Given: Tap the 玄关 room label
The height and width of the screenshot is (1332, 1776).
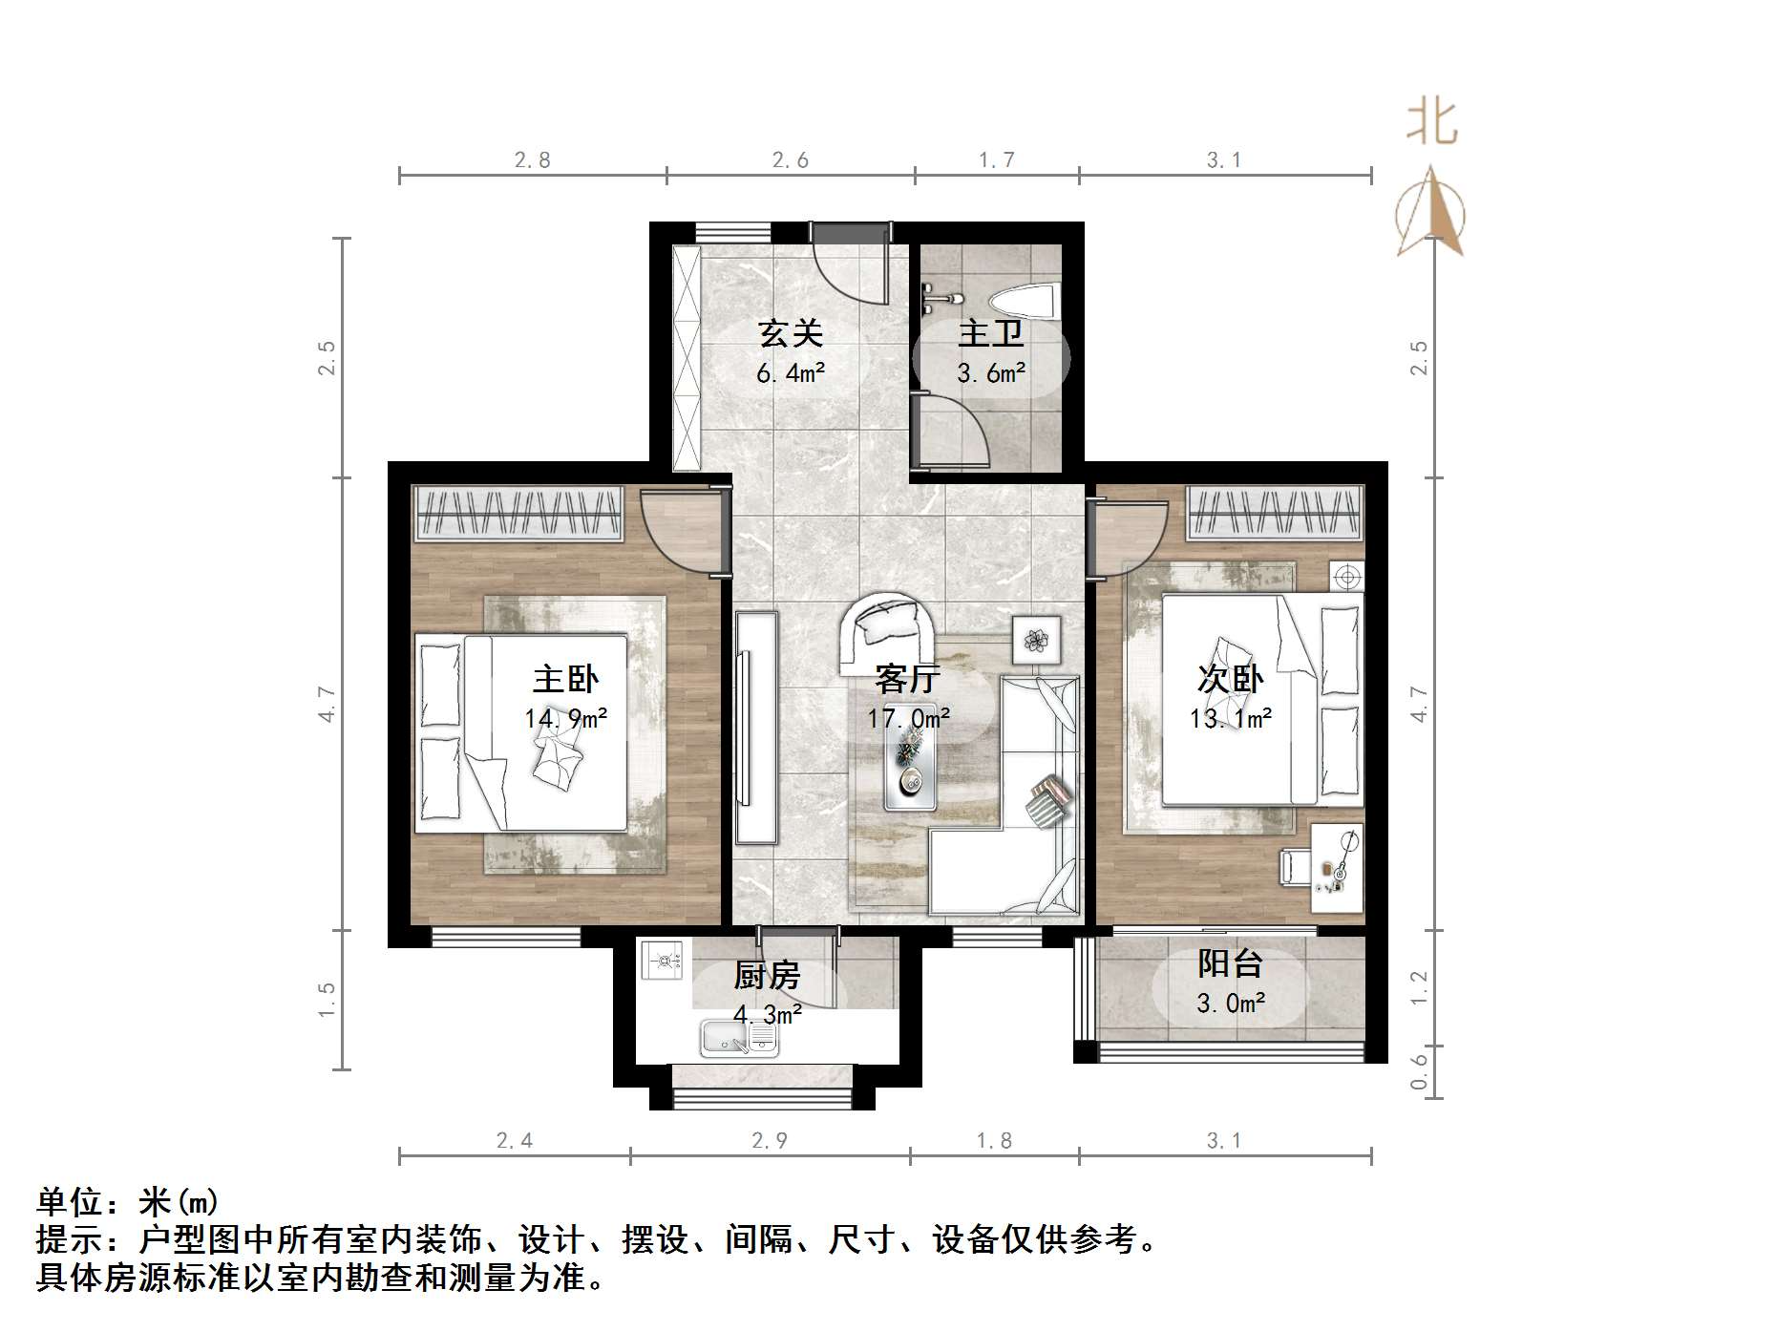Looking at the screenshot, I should (790, 333).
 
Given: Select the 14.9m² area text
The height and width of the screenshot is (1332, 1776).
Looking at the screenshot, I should (565, 718).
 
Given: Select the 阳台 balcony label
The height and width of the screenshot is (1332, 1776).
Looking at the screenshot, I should (1230, 963).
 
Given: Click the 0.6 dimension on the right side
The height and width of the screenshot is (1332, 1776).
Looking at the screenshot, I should (1419, 1070).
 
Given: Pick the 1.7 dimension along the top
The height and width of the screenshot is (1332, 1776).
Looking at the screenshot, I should (996, 160).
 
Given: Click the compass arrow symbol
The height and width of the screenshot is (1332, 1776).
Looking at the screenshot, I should (1430, 212).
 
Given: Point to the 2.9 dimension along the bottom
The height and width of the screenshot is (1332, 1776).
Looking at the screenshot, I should (770, 1140).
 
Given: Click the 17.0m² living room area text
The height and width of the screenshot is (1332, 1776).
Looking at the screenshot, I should (908, 718).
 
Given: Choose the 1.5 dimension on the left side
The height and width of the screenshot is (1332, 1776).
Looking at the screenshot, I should (327, 1000).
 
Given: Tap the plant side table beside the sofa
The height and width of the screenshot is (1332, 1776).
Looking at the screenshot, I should (1037, 638).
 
